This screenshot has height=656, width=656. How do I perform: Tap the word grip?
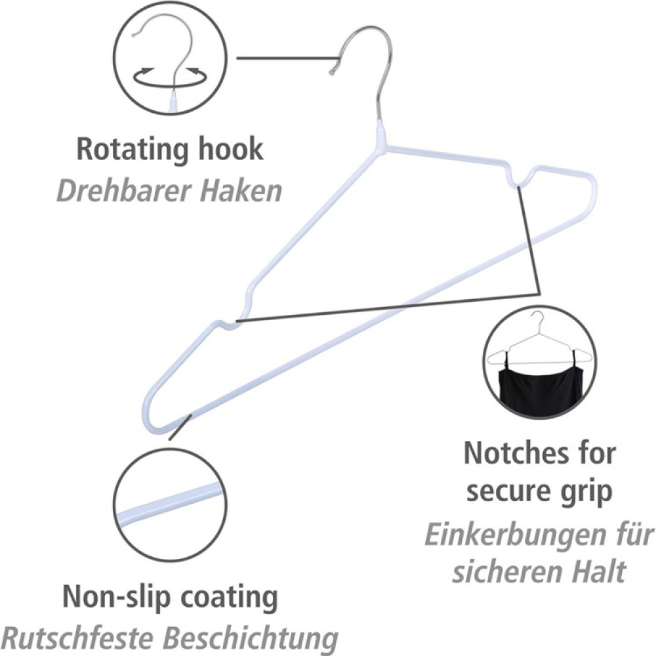586,492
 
